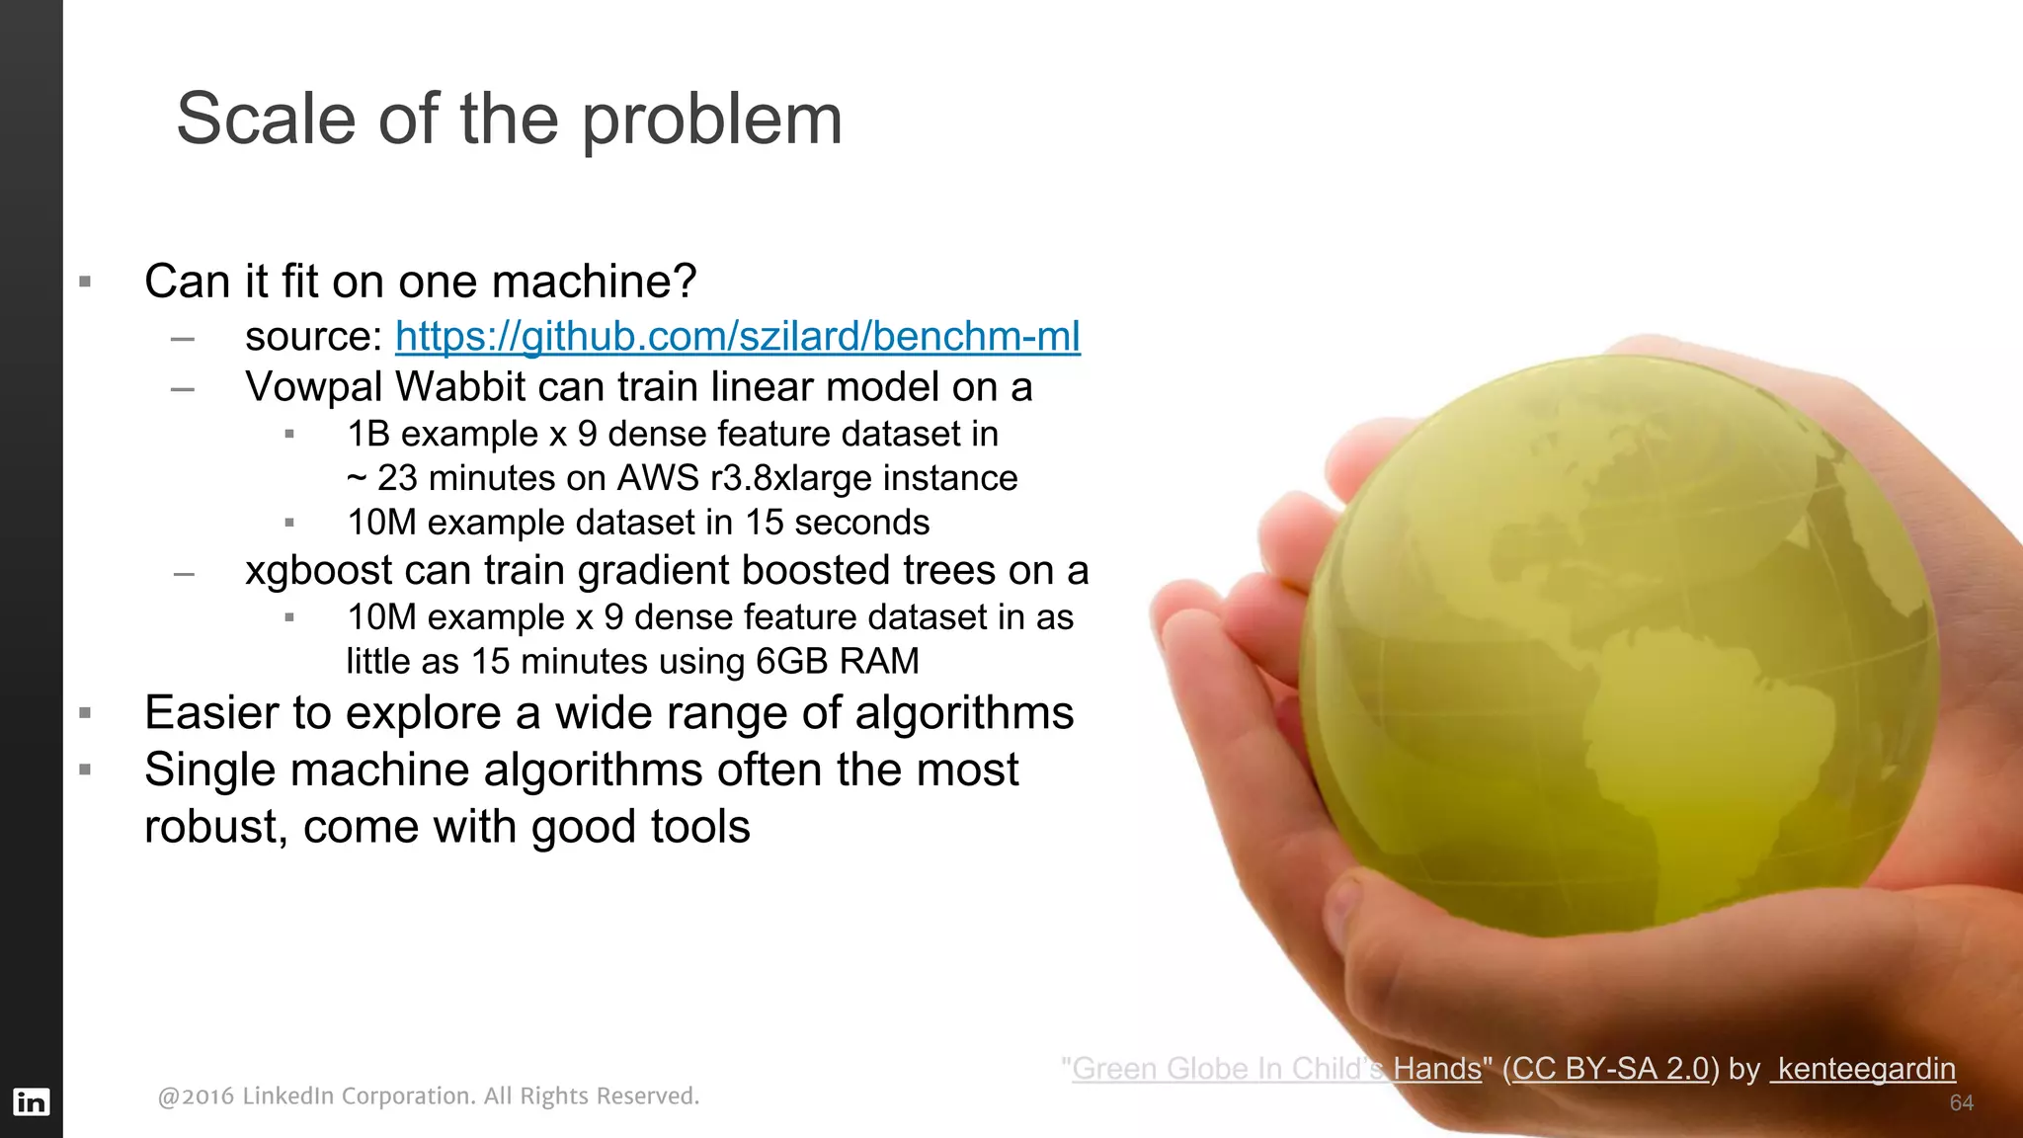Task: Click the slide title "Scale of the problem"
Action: point(509,120)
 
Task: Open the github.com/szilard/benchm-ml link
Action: point(737,337)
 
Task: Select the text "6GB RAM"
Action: point(837,661)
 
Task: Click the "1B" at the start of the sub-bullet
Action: point(368,434)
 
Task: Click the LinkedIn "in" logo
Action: point(31,1101)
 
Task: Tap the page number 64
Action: point(1961,1103)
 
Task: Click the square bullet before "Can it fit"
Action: point(85,283)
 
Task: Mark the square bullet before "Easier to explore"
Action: point(85,713)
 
